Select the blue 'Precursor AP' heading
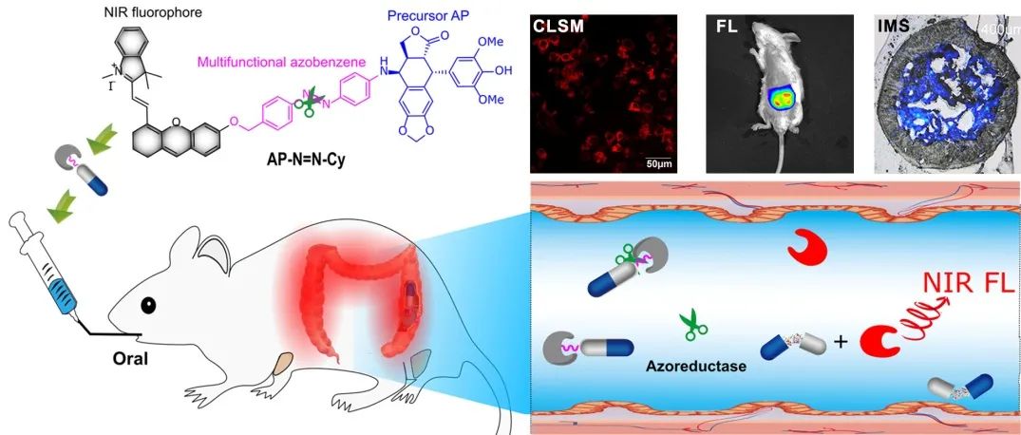click(430, 15)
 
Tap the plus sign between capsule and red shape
click(841, 339)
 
